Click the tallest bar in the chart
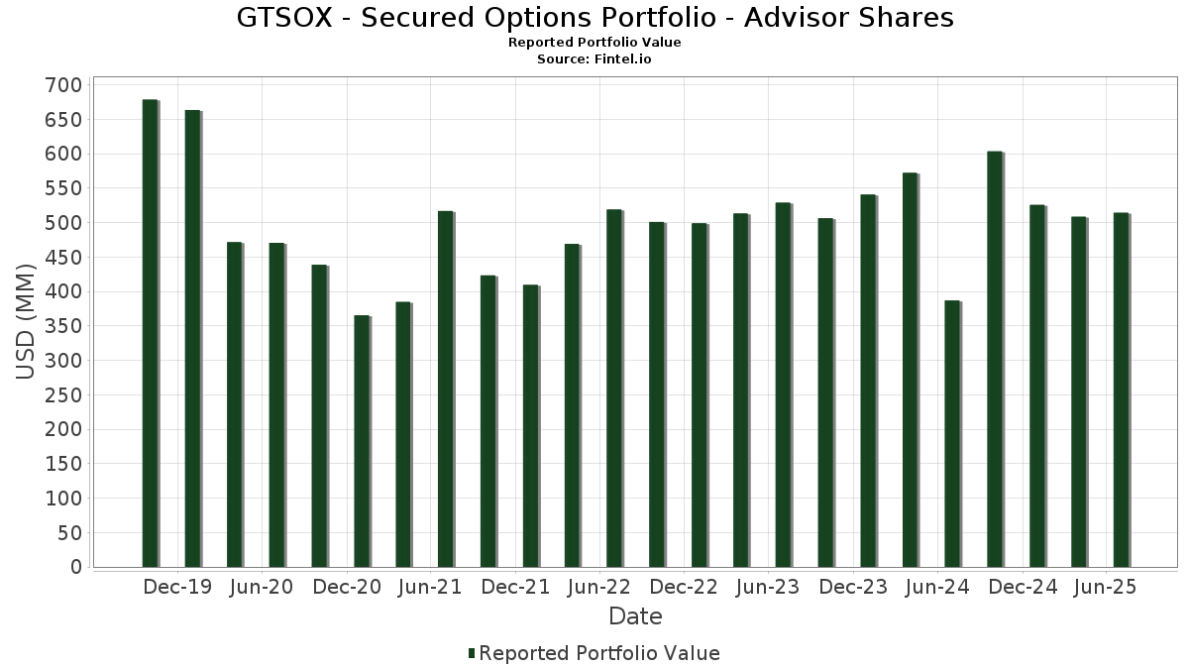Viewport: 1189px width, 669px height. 150,333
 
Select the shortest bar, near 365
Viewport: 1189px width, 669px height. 362,441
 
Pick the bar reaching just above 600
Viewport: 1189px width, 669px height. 995,359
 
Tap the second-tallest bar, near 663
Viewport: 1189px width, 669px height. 192,338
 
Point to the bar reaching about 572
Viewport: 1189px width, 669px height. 911,370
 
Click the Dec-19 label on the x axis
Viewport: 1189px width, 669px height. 177,587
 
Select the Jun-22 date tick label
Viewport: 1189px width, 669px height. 598,587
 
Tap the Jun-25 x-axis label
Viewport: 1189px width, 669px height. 1105,587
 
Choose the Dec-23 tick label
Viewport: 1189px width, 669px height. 853,587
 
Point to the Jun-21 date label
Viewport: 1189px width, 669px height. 430,587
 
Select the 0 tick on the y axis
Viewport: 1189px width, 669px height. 75,567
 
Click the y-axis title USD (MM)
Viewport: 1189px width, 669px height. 27,321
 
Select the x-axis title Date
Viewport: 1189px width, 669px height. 635,616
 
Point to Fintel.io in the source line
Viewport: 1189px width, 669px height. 622,59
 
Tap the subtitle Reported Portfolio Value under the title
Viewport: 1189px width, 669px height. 594,43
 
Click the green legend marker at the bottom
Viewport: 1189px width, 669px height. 472,653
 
